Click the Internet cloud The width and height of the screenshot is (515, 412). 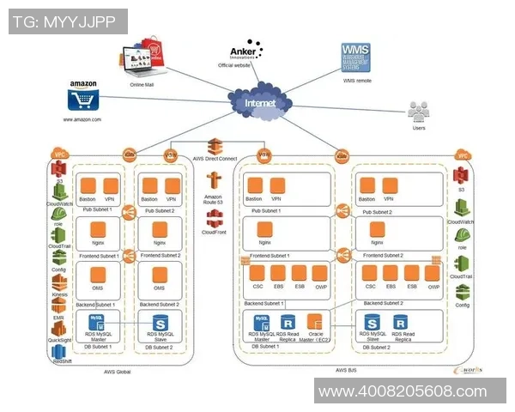261,104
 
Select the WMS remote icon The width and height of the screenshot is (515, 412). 356,57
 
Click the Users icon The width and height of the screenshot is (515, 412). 418,112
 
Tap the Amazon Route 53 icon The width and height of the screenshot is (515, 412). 214,181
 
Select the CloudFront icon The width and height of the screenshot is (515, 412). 214,218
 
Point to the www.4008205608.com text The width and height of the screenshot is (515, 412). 401,392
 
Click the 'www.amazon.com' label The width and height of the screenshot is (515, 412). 82,120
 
